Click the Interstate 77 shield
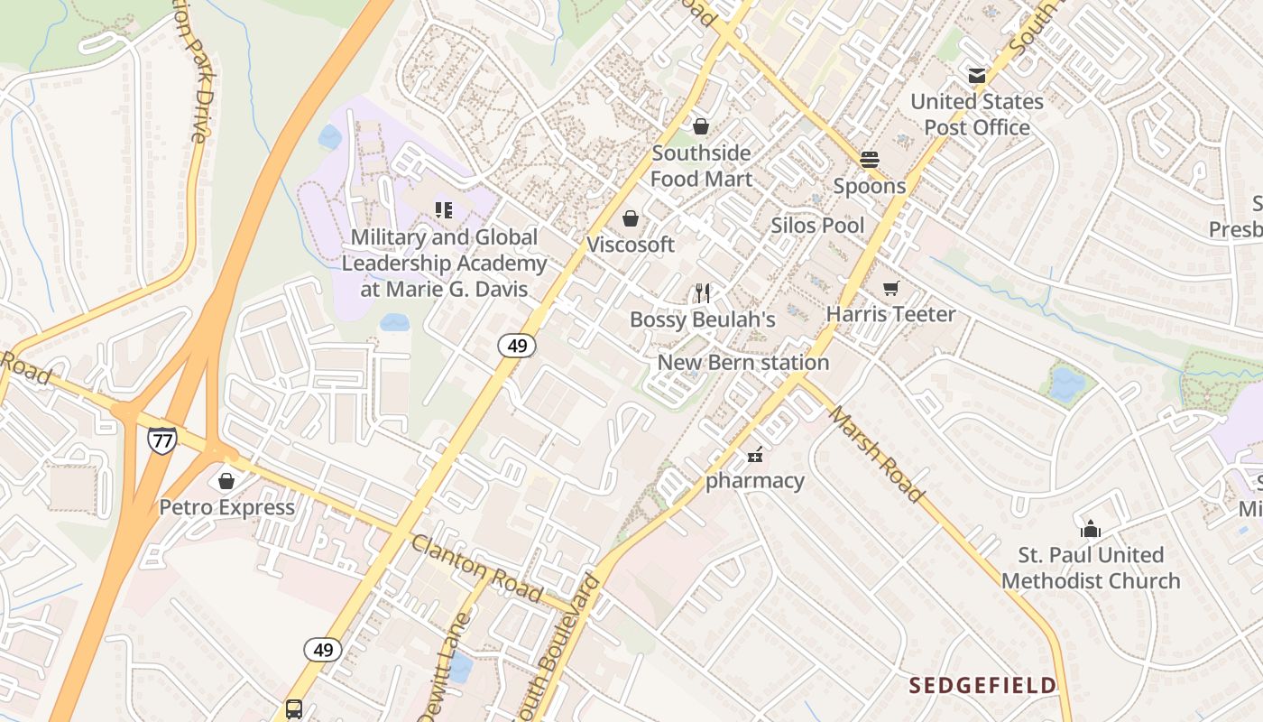click(162, 440)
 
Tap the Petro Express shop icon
click(226, 481)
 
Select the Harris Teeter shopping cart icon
click(891, 288)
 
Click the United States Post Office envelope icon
click(977, 76)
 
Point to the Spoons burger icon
click(870, 160)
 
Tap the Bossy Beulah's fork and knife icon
click(703, 292)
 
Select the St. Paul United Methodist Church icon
click(1091, 529)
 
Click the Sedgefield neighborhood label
click(982, 685)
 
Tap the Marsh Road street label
click(876, 454)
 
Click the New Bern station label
click(742, 363)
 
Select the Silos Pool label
click(817, 226)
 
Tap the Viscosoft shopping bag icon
click(631, 218)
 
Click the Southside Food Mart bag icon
click(701, 126)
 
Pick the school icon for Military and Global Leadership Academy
click(444, 210)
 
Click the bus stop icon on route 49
click(294, 708)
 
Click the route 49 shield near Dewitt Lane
click(322, 649)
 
